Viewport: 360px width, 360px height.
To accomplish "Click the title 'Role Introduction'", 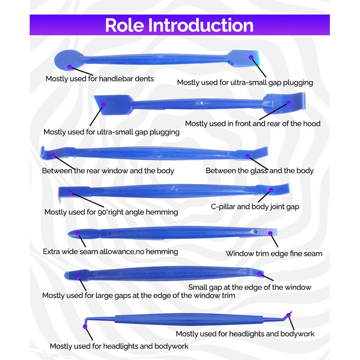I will click(x=179, y=25).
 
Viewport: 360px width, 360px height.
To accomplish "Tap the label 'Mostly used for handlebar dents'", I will click(x=99, y=79).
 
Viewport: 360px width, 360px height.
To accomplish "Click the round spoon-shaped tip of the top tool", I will click(x=67, y=59).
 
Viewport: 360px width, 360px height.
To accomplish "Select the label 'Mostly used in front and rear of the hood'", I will click(x=252, y=123).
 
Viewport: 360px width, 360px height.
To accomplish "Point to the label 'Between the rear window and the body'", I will click(x=108, y=171).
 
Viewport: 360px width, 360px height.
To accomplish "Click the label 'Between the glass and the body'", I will click(x=260, y=171).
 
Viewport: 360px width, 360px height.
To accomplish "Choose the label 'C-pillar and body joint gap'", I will click(x=255, y=207).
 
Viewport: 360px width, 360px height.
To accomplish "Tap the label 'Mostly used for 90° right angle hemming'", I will click(x=111, y=212).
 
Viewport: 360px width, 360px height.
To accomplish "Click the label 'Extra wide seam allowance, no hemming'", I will click(x=110, y=252).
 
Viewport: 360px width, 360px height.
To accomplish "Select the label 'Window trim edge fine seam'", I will click(x=274, y=254).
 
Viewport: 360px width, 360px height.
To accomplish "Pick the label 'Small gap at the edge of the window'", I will click(x=250, y=287).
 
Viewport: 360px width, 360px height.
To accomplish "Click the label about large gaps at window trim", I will click(x=139, y=296).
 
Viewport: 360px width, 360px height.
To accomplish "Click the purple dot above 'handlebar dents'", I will click(x=69, y=67).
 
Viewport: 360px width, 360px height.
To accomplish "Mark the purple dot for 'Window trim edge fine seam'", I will click(x=270, y=233).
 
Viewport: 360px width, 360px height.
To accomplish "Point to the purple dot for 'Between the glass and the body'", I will click(x=247, y=156).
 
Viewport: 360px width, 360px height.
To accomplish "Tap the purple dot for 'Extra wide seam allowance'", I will click(x=78, y=234).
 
